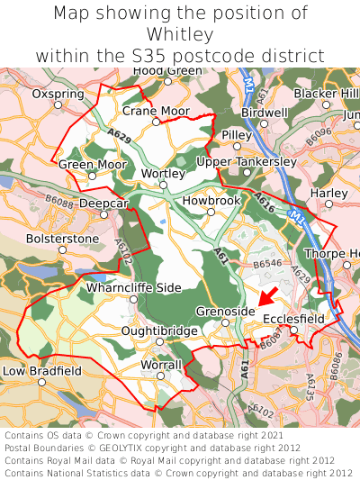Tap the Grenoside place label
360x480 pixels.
click(220, 311)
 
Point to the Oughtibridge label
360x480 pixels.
click(159, 331)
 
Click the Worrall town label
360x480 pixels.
click(161, 365)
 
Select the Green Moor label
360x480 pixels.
click(93, 165)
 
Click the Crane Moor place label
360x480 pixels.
click(156, 111)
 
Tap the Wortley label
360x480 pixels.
click(164, 173)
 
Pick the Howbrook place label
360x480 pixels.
click(211, 201)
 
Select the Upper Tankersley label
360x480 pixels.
click(246, 161)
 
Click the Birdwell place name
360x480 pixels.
click(265, 113)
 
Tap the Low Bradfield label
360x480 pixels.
click(42, 370)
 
